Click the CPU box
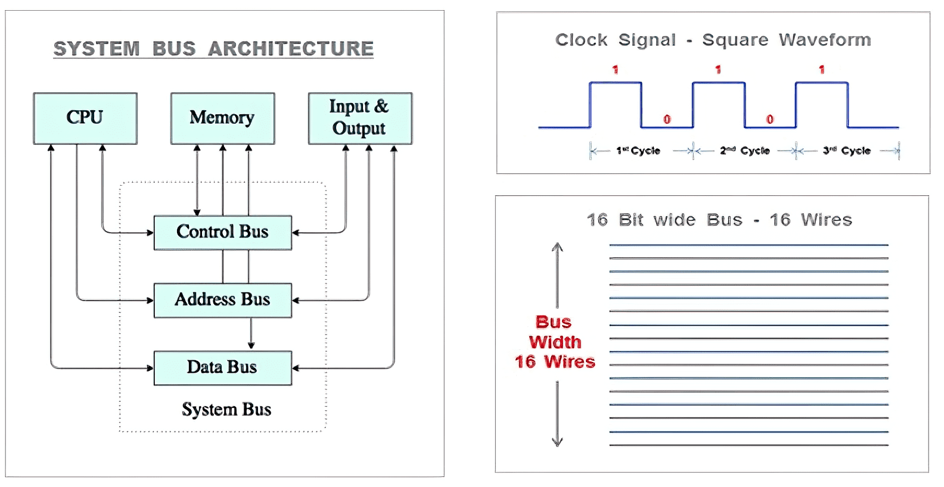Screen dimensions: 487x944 pyautogui.click(x=85, y=118)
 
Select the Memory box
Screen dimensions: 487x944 pyautogui.click(x=222, y=118)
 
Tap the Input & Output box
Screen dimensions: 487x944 pyautogui.click(x=360, y=118)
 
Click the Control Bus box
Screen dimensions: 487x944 pyautogui.click(x=222, y=232)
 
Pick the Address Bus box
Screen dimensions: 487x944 pyautogui.click(x=222, y=300)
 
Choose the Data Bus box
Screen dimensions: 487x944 pyautogui.click(x=222, y=367)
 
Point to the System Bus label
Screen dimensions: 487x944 pyautogui.click(x=226, y=410)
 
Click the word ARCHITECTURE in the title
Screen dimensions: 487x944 pyautogui.click(x=291, y=49)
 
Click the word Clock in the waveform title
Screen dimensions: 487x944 pyautogui.click(x=581, y=40)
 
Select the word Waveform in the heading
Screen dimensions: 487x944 pyautogui.click(x=825, y=40)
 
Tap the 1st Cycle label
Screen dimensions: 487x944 pyautogui.click(x=638, y=151)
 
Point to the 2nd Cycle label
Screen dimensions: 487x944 pyautogui.click(x=744, y=151)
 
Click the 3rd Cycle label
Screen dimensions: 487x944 pyautogui.click(x=847, y=151)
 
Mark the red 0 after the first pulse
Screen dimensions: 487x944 pyautogui.click(x=667, y=120)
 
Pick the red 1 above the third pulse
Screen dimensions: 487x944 pyautogui.click(x=822, y=70)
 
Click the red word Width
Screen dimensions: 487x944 pyautogui.click(x=555, y=342)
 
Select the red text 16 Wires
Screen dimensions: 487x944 pyautogui.click(x=555, y=362)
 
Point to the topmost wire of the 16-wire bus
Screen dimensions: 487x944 pyautogui.click(x=749, y=245)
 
